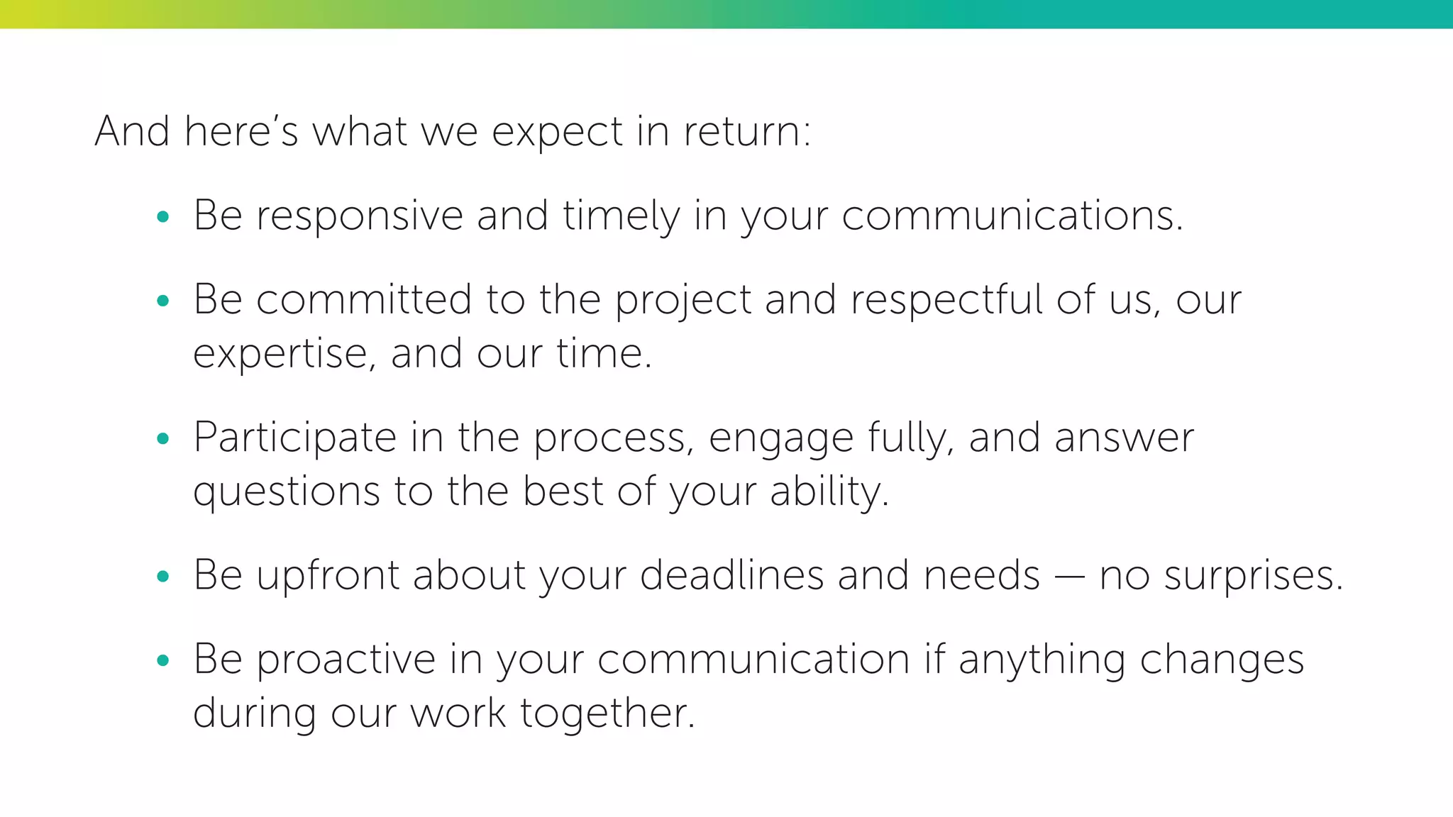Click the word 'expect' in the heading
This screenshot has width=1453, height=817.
coord(557,133)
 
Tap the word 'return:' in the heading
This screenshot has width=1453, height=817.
coord(746,133)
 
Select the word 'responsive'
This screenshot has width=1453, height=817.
coord(360,216)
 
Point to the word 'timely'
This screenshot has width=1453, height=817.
coord(621,216)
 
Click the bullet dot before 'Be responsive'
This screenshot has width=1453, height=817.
coord(162,217)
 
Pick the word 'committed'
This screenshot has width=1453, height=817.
coord(363,299)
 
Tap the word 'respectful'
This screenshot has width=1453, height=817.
coord(946,299)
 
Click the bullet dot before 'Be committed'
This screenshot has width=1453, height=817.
coord(162,301)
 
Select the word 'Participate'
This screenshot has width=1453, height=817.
coord(294,438)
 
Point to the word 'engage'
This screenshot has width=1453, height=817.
coord(781,439)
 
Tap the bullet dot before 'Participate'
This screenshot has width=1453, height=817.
coord(162,438)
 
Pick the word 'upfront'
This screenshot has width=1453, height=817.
coord(328,575)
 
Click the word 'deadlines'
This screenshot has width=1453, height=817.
coord(731,575)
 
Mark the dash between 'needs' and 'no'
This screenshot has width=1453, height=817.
coord(1069,577)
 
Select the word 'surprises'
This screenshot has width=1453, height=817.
coord(1253,577)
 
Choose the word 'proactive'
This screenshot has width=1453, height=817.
coord(346,660)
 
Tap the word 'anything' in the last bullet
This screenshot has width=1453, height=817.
coord(1042,660)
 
